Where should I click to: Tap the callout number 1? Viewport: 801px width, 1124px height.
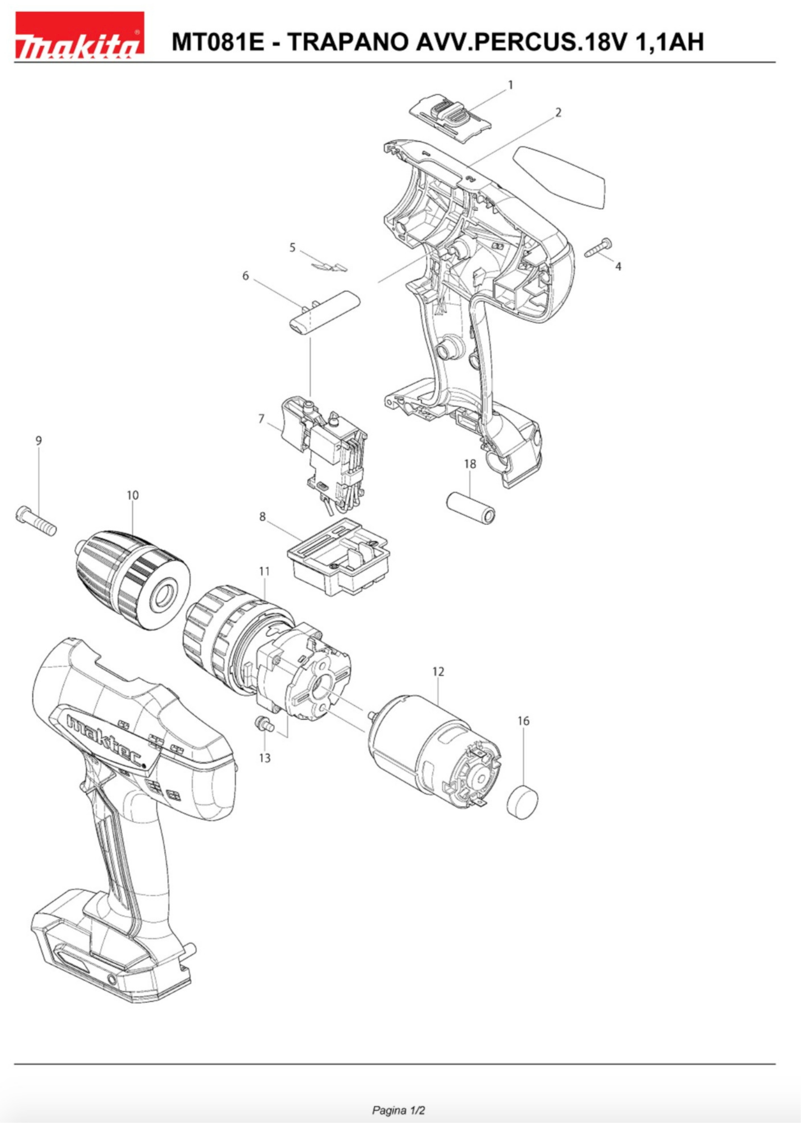[510, 85]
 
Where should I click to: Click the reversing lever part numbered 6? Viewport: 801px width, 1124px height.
[324, 313]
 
